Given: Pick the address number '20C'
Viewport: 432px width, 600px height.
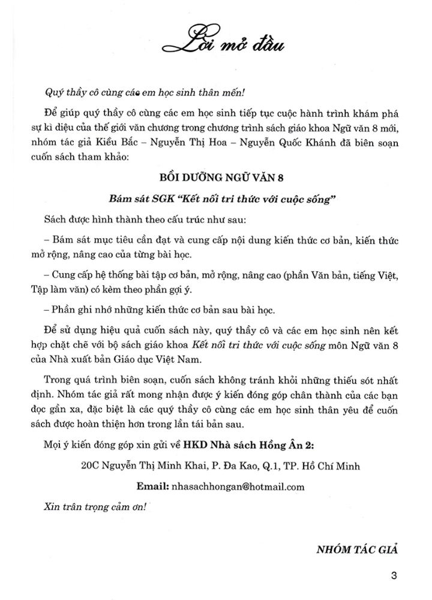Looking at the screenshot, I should click(80, 466).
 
